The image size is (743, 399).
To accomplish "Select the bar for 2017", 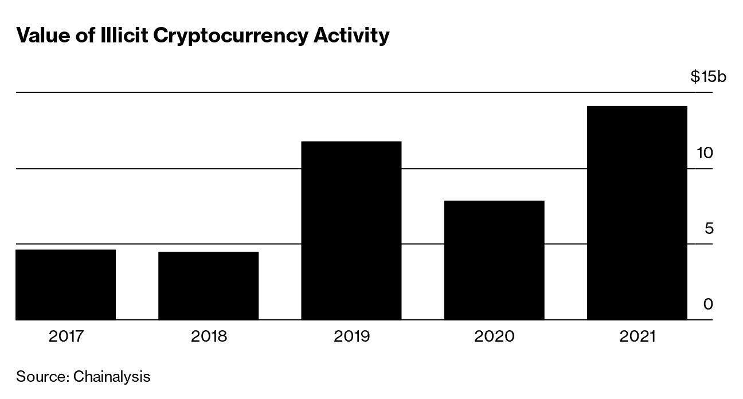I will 66,284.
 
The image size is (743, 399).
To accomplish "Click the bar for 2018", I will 208,285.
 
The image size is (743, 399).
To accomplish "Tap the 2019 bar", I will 351,230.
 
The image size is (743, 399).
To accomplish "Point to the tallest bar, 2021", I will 637,213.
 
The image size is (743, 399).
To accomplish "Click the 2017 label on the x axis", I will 67,336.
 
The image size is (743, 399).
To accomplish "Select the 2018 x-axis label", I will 209,336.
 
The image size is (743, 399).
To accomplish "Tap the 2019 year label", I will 351,336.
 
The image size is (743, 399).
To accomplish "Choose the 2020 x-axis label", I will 494,336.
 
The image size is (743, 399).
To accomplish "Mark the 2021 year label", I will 637,336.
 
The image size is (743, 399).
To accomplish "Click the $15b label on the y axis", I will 708,77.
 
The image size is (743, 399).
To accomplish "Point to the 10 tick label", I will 705,153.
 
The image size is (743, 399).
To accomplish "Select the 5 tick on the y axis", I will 709,229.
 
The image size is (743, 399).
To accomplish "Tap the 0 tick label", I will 709,304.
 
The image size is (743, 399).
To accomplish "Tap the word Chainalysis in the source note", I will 112,377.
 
